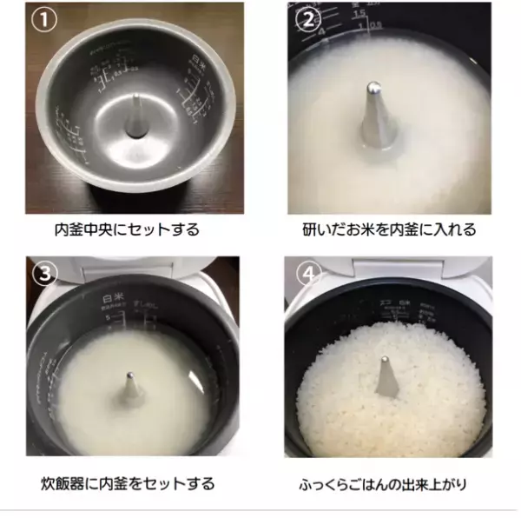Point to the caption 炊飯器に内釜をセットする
(x=128, y=483)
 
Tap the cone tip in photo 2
(x=372, y=88)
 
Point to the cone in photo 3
(x=130, y=391)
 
